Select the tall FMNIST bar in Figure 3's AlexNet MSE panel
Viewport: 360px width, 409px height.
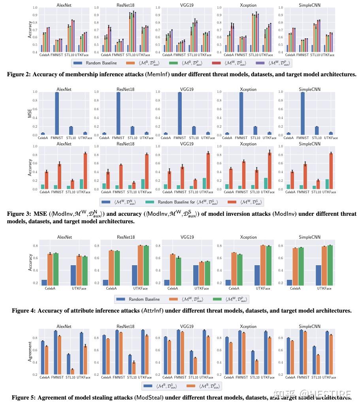[57, 113]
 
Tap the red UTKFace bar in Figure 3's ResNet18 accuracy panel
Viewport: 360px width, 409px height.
[147, 172]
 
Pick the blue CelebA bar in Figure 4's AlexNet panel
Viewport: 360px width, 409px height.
[45, 283]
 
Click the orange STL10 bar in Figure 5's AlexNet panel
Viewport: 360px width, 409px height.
[72, 372]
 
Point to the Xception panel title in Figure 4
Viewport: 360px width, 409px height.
[249, 237]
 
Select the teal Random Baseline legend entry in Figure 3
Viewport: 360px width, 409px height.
[187, 202]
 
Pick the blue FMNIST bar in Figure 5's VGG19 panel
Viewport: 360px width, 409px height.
[178, 352]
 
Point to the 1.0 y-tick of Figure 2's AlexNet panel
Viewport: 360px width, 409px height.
[36, 8]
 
